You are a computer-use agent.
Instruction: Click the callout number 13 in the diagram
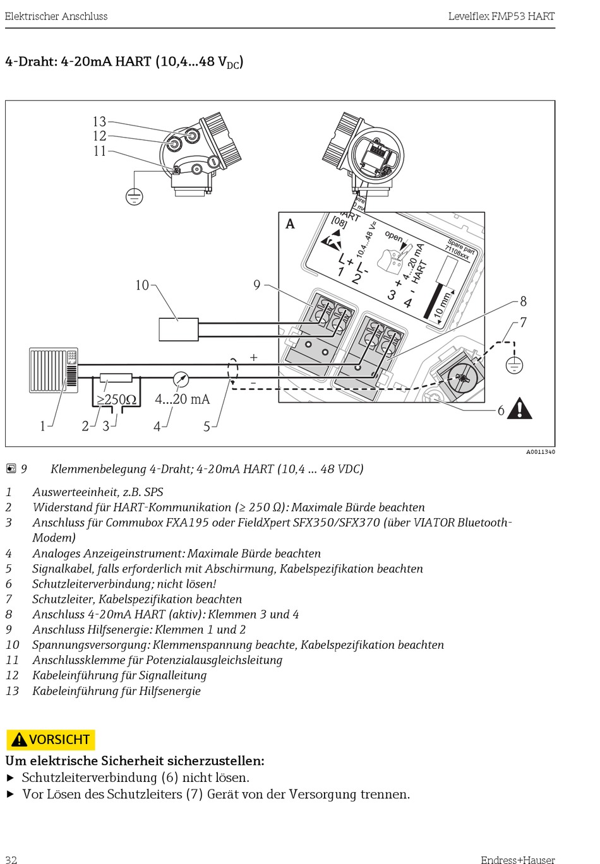[x=99, y=121]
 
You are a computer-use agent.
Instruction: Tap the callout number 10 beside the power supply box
[x=141, y=285]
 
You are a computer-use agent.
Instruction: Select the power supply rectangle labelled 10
[x=178, y=329]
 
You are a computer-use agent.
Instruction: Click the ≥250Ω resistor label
[x=116, y=399]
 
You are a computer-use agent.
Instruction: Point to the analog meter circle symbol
[x=181, y=379]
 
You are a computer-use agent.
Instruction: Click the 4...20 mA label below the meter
[x=182, y=399]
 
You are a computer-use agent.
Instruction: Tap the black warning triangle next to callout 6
[x=519, y=409]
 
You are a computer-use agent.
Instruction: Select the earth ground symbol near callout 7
[x=515, y=365]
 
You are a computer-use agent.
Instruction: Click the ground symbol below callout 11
[x=134, y=197]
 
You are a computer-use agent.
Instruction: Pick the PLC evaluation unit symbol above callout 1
[x=54, y=370]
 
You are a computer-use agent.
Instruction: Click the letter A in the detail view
[x=290, y=224]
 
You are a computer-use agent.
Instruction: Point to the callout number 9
[x=256, y=285]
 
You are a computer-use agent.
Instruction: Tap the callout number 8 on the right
[x=523, y=302]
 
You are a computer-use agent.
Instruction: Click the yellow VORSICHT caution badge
[x=51, y=739]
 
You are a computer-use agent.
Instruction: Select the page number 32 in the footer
[x=11, y=859]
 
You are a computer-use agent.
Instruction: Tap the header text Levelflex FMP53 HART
[x=501, y=16]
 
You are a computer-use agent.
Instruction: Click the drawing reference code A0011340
[x=540, y=452]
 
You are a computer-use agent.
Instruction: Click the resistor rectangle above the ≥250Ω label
[x=116, y=378]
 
